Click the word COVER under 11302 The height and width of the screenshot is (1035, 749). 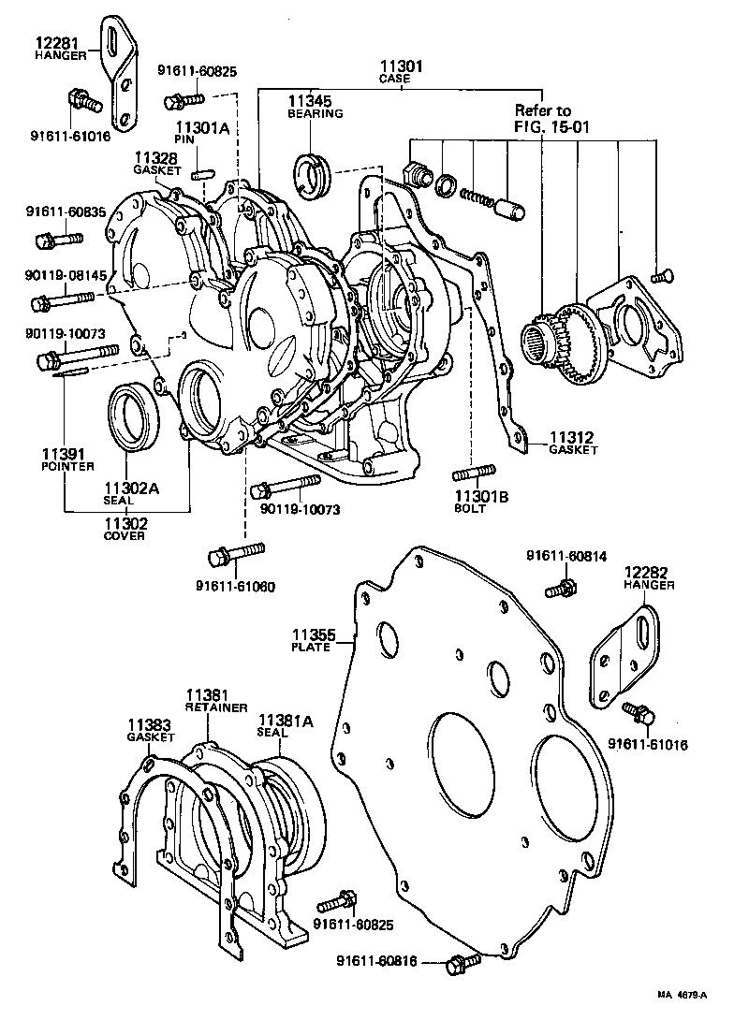point(125,537)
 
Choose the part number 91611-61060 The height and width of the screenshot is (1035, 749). point(235,587)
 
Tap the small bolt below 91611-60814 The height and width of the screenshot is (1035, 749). point(564,589)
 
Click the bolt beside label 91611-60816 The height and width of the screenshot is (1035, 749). point(459,963)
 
